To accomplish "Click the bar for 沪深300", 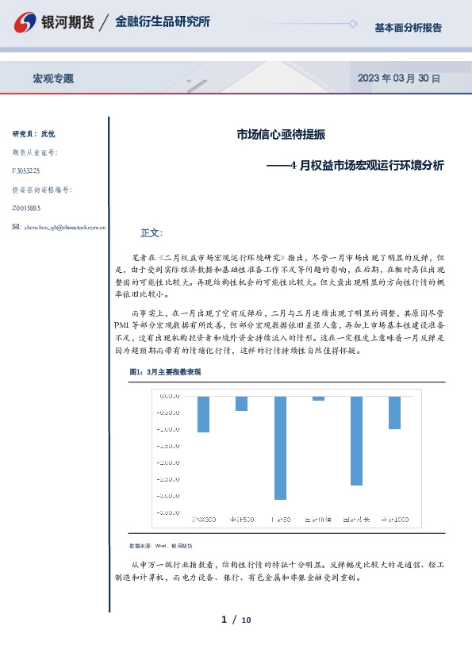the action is pos(204,413).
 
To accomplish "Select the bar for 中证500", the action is pos(241,403).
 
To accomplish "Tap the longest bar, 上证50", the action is pos(280,447).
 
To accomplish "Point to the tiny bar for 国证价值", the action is pos(318,398).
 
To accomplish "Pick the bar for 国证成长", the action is pos(356,440).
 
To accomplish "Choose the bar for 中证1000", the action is pos(394,413).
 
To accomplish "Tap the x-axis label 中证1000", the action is pos(394,520).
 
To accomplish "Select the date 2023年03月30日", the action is pos(398,79).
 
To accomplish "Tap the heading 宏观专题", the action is pos(53,79).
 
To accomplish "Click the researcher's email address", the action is pos(63,227).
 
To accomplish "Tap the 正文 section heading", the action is pos(151,233).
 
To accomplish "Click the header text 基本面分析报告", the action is pos(408,28).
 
